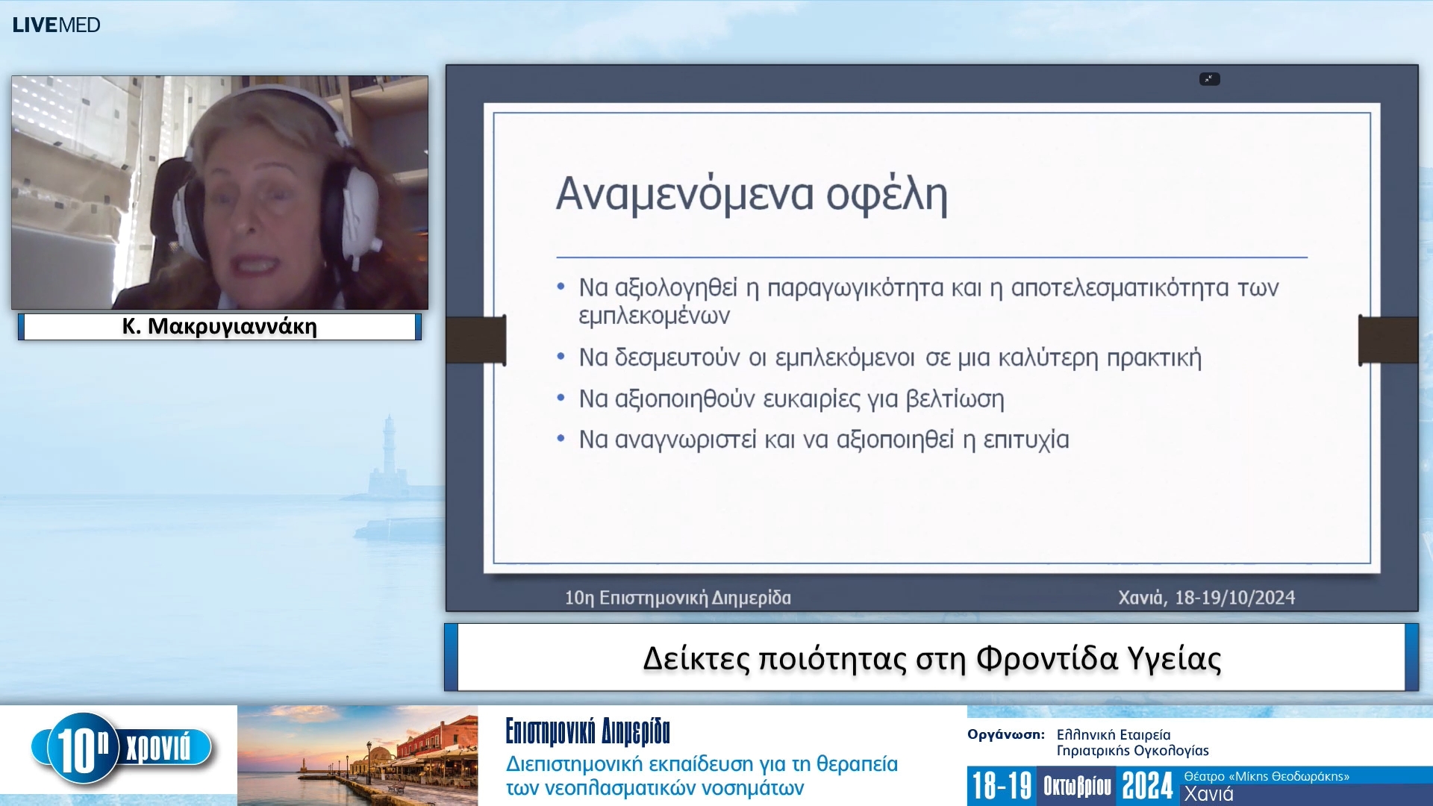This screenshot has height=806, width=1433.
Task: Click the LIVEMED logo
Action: coord(56,25)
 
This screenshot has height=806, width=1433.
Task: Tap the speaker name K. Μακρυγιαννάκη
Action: coord(219,327)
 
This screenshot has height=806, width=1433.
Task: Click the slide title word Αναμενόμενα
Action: coord(684,194)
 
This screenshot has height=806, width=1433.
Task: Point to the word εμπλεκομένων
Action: coord(654,316)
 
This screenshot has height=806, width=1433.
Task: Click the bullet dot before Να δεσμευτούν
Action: coord(561,357)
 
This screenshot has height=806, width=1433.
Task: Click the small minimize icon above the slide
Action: coord(1209,79)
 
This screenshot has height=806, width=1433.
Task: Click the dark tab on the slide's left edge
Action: coord(475,340)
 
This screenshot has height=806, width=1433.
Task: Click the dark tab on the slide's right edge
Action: coord(1387,340)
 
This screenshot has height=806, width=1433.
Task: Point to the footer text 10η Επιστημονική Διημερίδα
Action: coord(677,598)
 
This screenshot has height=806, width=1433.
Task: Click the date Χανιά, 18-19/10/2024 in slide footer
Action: coord(1206,598)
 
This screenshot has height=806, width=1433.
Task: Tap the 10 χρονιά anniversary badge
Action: coord(119,749)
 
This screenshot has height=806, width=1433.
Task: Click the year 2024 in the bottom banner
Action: coord(1147,787)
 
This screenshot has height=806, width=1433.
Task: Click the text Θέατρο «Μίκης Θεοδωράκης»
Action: coord(1266,776)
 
